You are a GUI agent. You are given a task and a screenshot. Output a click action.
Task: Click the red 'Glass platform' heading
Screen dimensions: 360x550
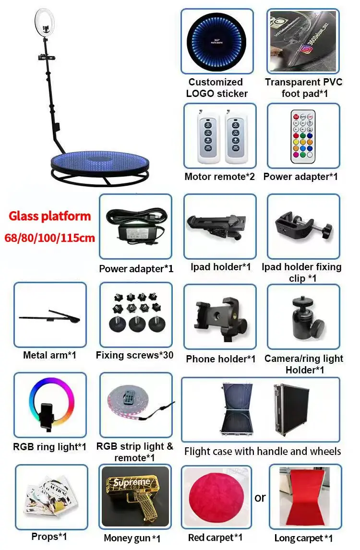(50, 216)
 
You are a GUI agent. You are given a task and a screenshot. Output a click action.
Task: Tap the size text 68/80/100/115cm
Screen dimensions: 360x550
(50, 237)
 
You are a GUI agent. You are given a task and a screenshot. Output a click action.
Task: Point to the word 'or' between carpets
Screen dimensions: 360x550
(260, 498)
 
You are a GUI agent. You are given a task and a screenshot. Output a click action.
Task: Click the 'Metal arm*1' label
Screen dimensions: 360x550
(49, 356)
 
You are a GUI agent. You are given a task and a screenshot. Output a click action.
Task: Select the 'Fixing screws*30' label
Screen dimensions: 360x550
(134, 356)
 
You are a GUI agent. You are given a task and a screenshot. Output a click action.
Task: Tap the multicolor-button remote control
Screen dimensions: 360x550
(303, 135)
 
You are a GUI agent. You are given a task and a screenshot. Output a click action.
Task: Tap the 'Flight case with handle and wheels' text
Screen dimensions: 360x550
(263, 451)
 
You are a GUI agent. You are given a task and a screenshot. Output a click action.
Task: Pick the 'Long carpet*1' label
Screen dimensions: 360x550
(303, 538)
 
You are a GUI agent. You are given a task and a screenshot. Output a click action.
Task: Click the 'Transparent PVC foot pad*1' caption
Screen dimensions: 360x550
(303, 88)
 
